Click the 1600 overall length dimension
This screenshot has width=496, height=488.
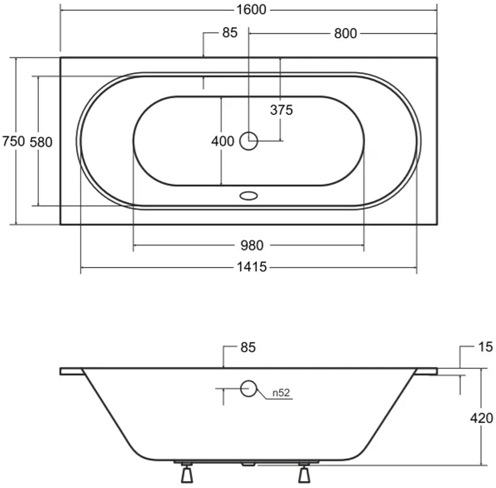251,10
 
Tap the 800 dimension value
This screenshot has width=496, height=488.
346,33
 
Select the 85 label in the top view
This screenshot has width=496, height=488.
230,33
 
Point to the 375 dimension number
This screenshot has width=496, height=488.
281,110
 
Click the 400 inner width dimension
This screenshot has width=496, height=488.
223,141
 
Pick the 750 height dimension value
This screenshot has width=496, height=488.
14,141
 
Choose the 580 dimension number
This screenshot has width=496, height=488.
41,142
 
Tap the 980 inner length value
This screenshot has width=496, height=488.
252,245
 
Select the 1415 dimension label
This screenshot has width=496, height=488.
252,267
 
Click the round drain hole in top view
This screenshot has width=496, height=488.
248,141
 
